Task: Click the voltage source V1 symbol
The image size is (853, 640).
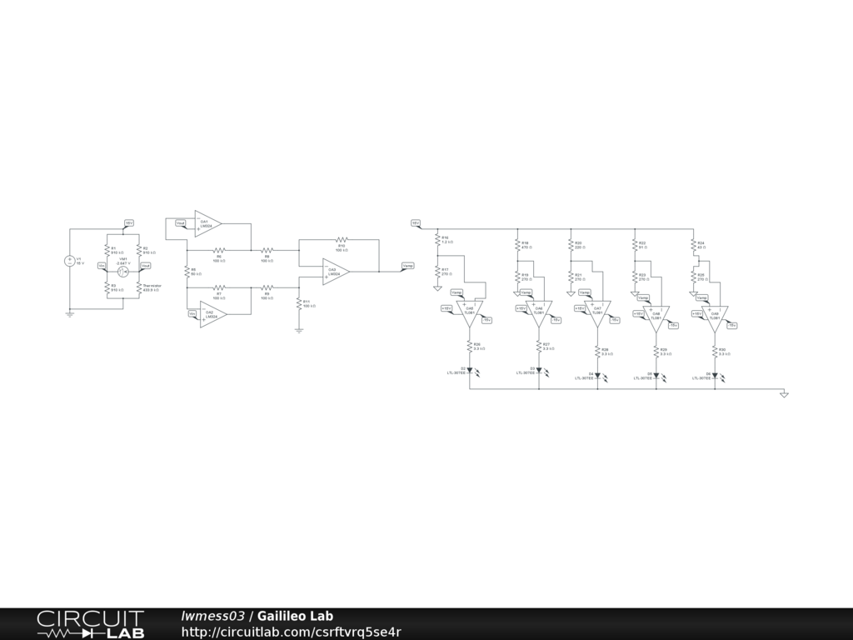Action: click(x=70, y=261)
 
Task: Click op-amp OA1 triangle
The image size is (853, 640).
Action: click(x=207, y=223)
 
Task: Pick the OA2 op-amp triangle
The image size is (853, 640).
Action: click(x=212, y=314)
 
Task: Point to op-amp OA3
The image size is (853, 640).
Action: click(x=336, y=271)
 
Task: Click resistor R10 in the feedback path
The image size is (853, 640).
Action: click(x=341, y=239)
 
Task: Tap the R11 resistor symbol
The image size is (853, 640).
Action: click(x=298, y=303)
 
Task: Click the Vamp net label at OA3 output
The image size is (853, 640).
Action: click(x=407, y=266)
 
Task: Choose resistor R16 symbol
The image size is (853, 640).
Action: click(x=437, y=239)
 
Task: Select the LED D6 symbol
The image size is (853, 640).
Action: click(x=715, y=375)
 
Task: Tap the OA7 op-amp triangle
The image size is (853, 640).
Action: click(x=597, y=312)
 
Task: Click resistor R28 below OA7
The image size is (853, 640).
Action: click(x=597, y=352)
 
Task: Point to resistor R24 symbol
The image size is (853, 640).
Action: click(x=693, y=245)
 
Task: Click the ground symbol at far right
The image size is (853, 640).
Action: click(x=784, y=395)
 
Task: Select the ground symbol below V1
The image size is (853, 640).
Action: click(x=70, y=314)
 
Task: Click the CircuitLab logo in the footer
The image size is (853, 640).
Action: click(x=90, y=624)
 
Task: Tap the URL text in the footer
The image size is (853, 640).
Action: click(x=292, y=632)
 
